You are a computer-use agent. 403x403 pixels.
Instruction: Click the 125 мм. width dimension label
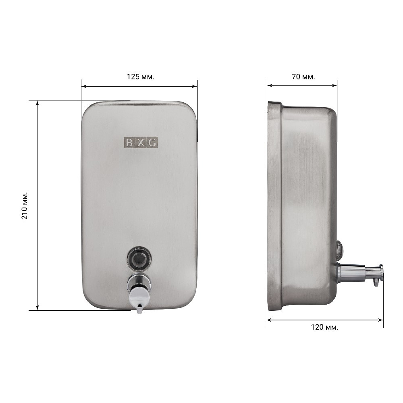(x=141, y=77)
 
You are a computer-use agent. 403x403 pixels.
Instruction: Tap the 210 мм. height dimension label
(x=25, y=206)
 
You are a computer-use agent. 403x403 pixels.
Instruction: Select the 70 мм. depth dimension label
(x=303, y=77)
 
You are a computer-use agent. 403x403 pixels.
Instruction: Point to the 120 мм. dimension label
(x=324, y=327)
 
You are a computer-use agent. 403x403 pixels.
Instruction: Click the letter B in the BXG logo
(x=129, y=142)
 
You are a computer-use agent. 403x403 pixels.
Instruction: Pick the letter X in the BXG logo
(x=141, y=142)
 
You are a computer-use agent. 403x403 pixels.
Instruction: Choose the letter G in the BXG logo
(x=153, y=142)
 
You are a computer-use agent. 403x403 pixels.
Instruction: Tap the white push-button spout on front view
(x=139, y=299)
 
